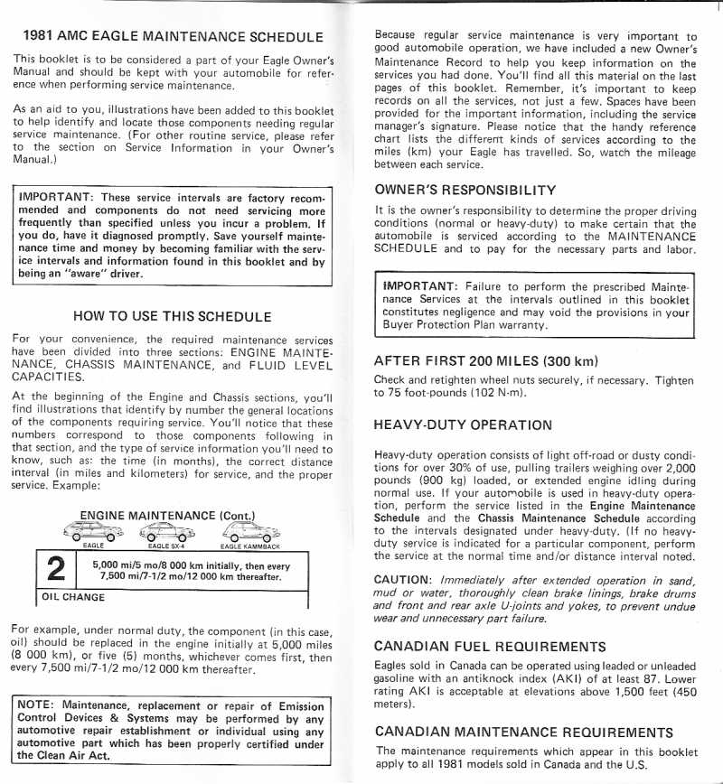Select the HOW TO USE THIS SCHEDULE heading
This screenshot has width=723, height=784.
(x=172, y=316)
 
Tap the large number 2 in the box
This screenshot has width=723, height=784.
(x=55, y=570)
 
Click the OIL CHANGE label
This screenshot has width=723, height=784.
(x=73, y=597)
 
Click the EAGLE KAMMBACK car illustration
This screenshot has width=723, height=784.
(x=250, y=532)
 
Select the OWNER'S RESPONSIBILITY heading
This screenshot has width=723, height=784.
(x=465, y=190)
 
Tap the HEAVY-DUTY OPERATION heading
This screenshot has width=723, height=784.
(x=462, y=425)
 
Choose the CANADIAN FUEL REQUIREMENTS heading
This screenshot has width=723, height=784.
(x=490, y=647)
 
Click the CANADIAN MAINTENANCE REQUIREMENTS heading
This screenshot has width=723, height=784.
(x=523, y=731)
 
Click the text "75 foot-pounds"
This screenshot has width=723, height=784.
(x=412, y=393)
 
